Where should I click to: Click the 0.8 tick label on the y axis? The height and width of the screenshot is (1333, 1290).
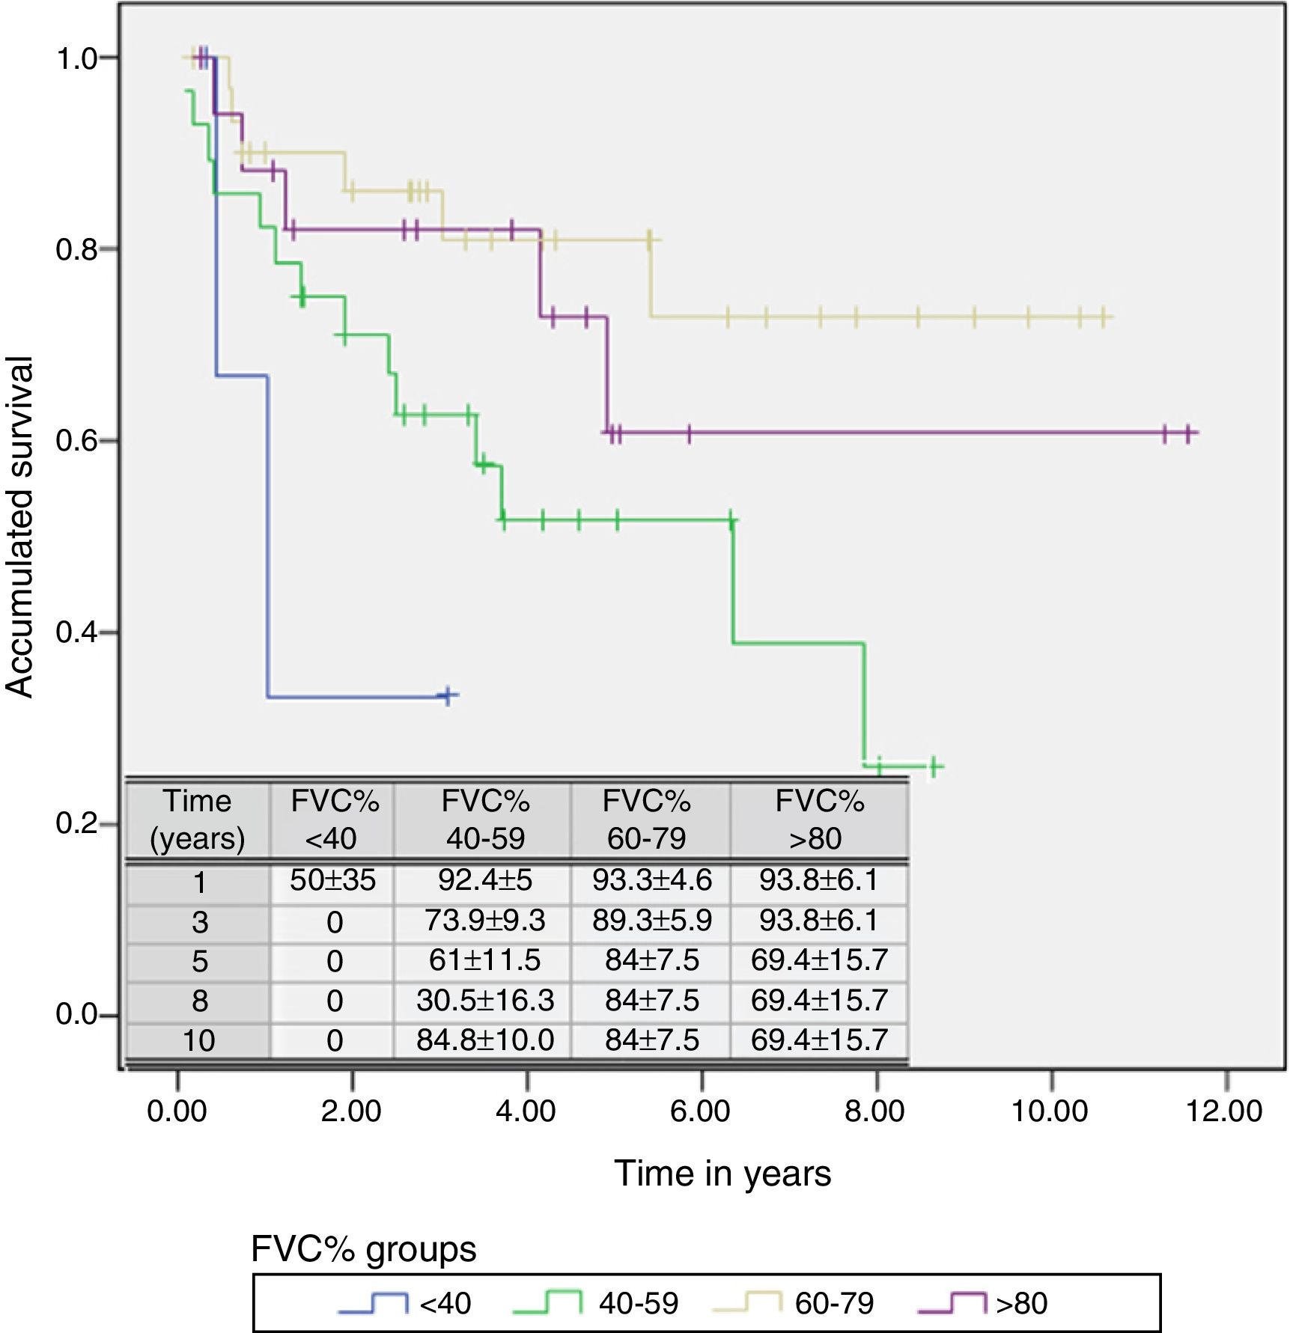76,249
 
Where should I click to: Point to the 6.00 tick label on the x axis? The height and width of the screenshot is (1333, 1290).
700,1111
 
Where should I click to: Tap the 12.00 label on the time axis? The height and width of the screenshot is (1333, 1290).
1224,1111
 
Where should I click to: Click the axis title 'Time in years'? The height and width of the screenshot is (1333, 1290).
722,1174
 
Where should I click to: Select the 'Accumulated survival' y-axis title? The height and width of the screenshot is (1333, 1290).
20,527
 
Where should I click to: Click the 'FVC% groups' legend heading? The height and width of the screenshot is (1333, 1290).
364,1249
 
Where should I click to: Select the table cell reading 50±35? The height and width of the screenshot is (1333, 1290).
332,880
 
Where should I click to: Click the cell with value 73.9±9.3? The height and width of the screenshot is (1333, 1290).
484,920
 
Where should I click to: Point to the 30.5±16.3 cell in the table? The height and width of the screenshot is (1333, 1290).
484,1000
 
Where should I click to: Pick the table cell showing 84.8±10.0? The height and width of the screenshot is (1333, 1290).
484,1040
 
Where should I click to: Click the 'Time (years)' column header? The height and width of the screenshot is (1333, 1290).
198,820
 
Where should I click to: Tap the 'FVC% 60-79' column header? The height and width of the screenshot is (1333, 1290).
646,820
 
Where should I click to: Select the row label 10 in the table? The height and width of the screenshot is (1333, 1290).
198,1040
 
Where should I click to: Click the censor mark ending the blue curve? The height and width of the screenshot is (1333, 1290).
448,695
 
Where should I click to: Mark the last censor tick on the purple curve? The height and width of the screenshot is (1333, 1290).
1188,433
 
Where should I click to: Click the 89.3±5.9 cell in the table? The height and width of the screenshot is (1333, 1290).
651,920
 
